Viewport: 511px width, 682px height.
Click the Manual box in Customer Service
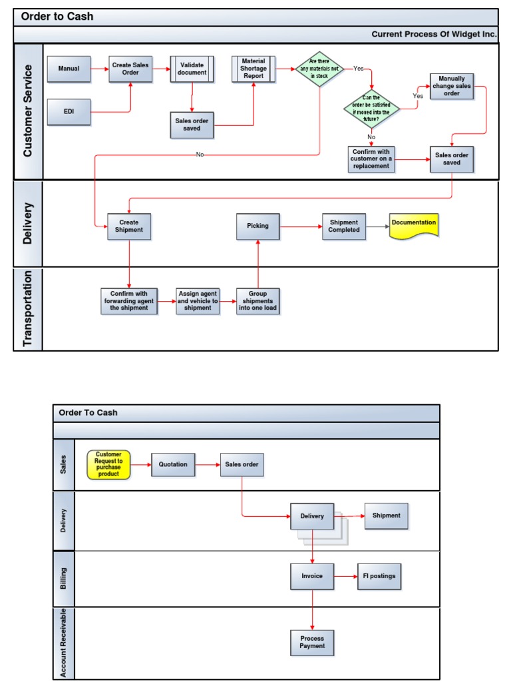coord(69,69)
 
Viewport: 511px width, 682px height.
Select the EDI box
coord(69,111)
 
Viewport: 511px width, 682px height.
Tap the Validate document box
coord(192,69)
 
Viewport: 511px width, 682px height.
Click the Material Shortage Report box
coord(253,69)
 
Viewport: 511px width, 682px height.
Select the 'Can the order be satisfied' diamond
coord(371,109)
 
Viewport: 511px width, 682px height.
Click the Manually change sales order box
coord(452,86)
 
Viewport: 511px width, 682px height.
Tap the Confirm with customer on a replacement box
coord(371,159)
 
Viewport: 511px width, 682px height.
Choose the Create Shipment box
coord(129,226)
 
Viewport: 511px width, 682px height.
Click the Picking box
coord(258,226)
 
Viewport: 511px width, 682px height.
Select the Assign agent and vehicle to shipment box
coord(198,300)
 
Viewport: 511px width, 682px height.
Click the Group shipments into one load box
coord(257,301)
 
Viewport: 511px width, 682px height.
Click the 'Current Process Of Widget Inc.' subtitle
coord(433,34)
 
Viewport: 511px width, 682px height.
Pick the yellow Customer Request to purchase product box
coord(108,464)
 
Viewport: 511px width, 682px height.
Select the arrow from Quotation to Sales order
coord(208,464)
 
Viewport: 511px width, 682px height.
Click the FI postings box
coord(379,576)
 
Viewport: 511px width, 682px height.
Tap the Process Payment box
coord(312,642)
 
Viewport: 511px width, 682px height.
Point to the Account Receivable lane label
coord(64,643)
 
